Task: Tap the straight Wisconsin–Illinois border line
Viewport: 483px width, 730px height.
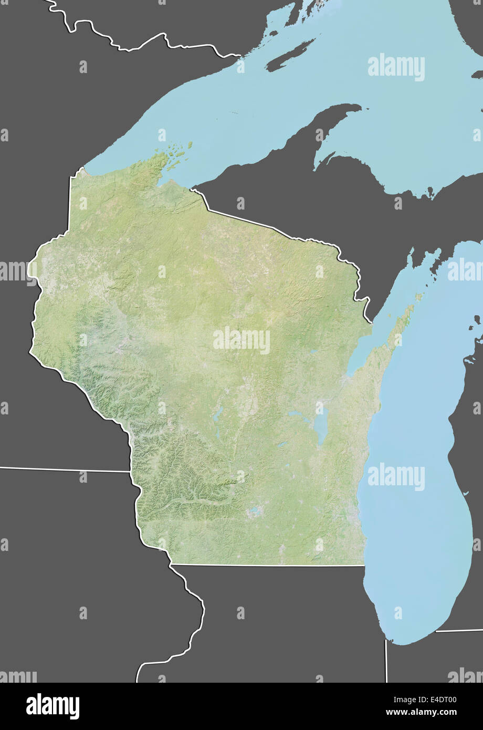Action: pyautogui.click(x=268, y=565)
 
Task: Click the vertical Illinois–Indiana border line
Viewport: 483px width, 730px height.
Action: pyautogui.click(x=386, y=662)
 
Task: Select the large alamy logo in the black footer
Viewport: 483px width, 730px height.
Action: pyautogui.click(x=52, y=706)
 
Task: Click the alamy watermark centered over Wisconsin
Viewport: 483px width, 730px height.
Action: pyautogui.click(x=241, y=341)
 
